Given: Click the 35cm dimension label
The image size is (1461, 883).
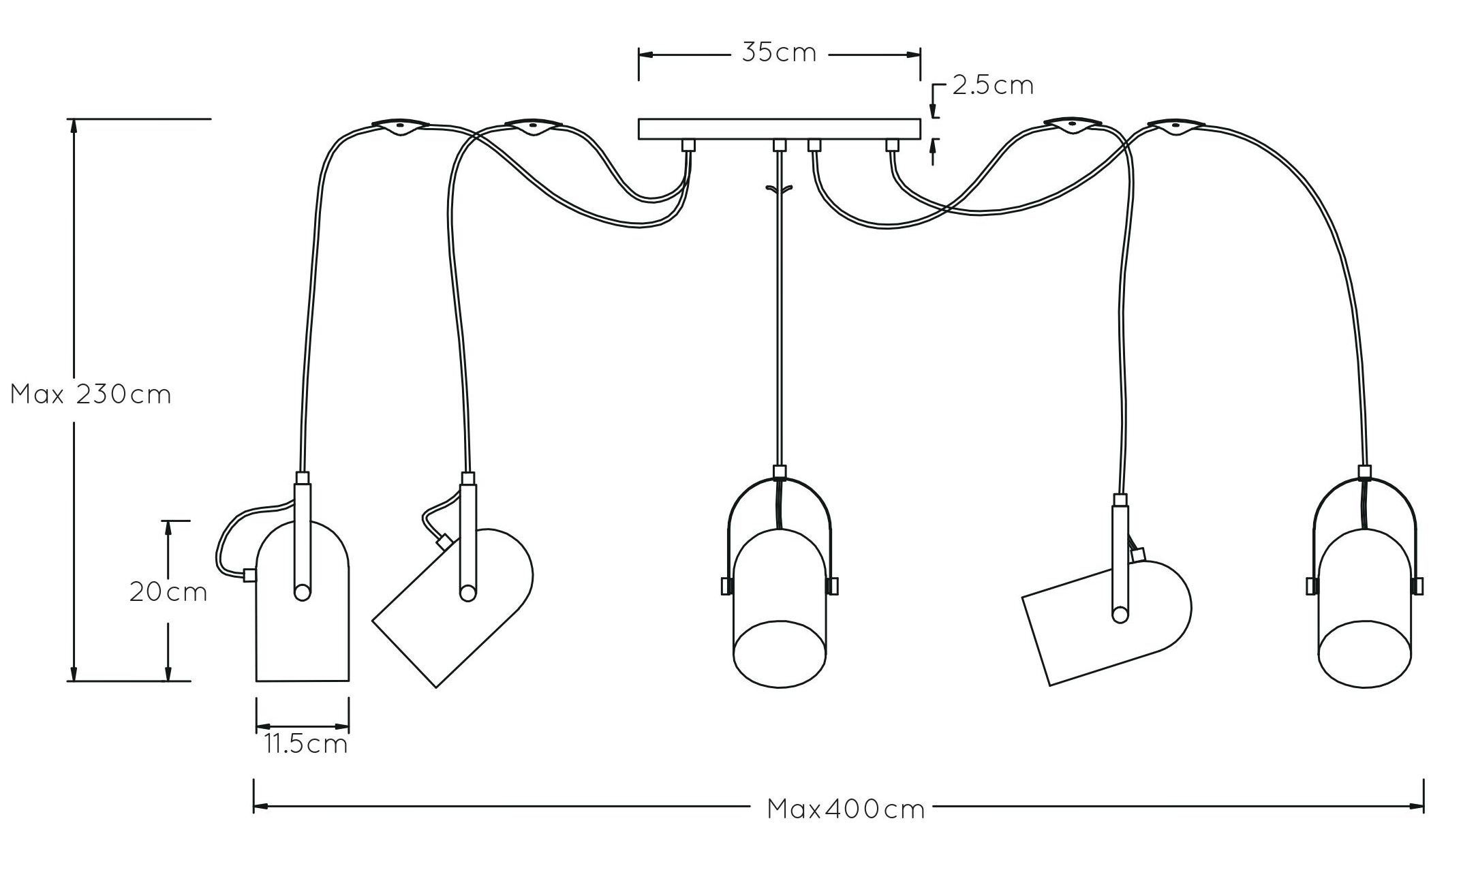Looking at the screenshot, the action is pos(779,53).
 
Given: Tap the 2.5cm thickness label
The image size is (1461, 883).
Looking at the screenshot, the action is pos(993,85).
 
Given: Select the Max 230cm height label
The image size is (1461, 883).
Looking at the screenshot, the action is pos(91,394).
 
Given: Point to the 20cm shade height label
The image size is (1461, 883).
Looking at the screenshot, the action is pos(168,592).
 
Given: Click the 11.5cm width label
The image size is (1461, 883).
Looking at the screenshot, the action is pos(306,744).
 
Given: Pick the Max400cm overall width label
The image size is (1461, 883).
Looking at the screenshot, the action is pos(846,809).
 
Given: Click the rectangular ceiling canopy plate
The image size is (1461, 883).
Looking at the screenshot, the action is pos(779,129).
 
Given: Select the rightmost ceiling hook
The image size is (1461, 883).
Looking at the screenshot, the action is pos(1175,127).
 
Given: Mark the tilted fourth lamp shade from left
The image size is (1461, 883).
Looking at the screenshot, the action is pos(1107,621).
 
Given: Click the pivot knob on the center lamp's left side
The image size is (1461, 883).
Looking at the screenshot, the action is pos(726,586).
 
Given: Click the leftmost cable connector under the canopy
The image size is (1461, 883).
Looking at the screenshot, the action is pos(688,145).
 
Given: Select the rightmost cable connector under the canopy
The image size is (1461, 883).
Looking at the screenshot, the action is pos(891,145).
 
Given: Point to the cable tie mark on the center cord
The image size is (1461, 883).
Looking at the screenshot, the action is pos(779,190).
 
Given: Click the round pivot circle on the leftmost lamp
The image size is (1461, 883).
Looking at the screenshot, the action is pos(302,592).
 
